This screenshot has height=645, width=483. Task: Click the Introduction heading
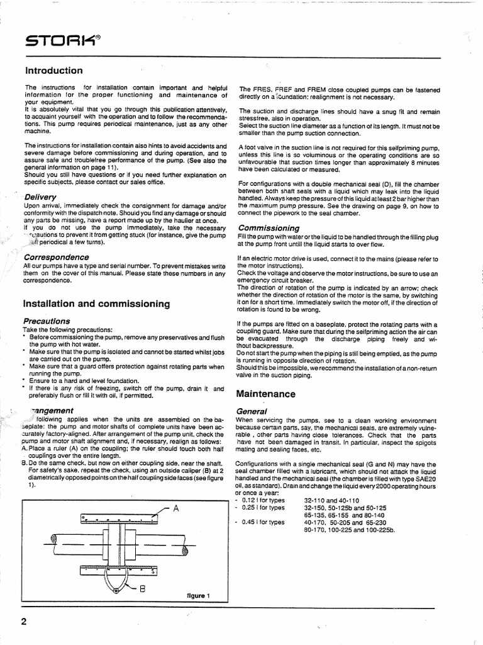pyautogui.click(x=53, y=71)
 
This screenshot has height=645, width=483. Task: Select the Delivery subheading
pyautogui.click(x=40, y=197)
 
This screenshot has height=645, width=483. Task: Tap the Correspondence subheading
pyautogui.click(x=56, y=257)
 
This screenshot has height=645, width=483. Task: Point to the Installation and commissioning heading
pyautogui.click(x=96, y=304)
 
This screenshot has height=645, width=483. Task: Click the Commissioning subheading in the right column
pyautogui.click(x=269, y=227)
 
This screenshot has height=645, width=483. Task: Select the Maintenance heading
pyautogui.click(x=265, y=394)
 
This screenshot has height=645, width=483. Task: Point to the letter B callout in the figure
pyautogui.click(x=142, y=590)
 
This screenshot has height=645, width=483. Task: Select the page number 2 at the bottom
pyautogui.click(x=24, y=622)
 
